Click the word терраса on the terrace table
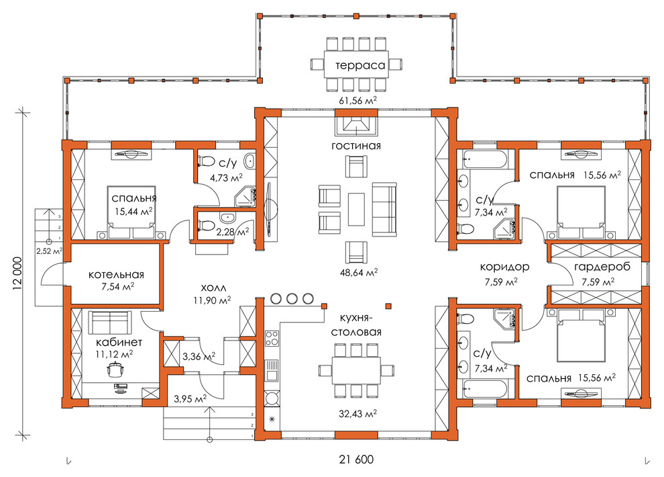click(x=360, y=65)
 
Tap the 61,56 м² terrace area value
click(x=357, y=100)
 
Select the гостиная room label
click(x=356, y=146)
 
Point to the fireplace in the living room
click(x=356, y=125)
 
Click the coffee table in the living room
click(x=356, y=210)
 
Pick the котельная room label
click(x=116, y=275)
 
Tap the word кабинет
click(x=119, y=342)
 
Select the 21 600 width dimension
click(x=356, y=459)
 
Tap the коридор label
click(x=504, y=267)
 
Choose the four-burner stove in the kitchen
click(x=272, y=339)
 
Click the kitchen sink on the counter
click(x=272, y=370)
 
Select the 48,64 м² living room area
click(x=359, y=272)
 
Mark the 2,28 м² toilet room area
click(x=233, y=232)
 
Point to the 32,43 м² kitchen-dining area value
click(x=358, y=413)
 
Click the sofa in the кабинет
click(x=110, y=322)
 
